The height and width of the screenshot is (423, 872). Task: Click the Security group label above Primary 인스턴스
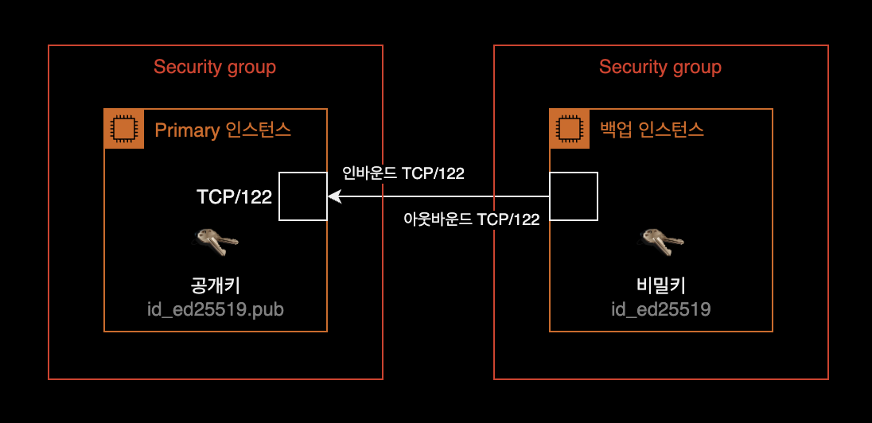pyautogui.click(x=215, y=67)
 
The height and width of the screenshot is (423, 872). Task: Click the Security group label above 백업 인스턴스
pyautogui.click(x=660, y=67)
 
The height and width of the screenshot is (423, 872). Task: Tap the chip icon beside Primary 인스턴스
pyautogui.click(x=124, y=129)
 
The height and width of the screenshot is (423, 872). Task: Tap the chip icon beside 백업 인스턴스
pyautogui.click(x=570, y=129)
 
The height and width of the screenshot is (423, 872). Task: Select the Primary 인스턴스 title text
pyautogui.click(x=223, y=130)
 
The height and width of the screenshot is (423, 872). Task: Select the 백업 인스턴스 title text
pyautogui.click(x=652, y=130)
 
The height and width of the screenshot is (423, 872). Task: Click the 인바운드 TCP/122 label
pyautogui.click(x=403, y=173)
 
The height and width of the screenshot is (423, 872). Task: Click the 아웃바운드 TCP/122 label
pyautogui.click(x=472, y=220)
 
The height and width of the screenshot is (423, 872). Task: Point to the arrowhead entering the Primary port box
pyautogui.click(x=333, y=196)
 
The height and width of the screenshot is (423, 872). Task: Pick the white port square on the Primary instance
pyautogui.click(x=303, y=196)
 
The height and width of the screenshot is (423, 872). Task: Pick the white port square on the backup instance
pyautogui.click(x=574, y=196)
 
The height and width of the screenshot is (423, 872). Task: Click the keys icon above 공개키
pyautogui.click(x=216, y=241)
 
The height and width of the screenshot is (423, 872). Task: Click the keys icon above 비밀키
pyautogui.click(x=662, y=241)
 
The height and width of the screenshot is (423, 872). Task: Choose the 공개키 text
pyautogui.click(x=216, y=285)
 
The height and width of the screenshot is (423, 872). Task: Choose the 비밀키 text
pyautogui.click(x=661, y=285)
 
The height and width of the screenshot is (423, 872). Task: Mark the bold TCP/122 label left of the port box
pyautogui.click(x=234, y=196)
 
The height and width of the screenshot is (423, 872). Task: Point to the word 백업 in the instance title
pyautogui.click(x=615, y=130)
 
